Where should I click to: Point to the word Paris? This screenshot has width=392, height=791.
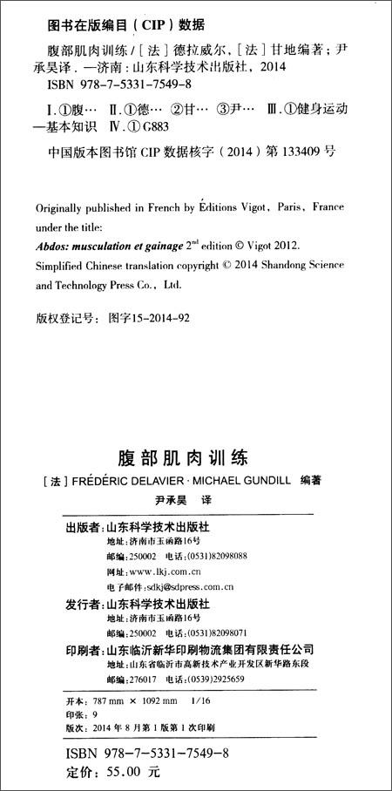(282, 208)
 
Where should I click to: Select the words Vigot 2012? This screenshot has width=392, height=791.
(270, 245)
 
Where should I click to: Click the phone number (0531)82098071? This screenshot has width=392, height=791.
(214, 632)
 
